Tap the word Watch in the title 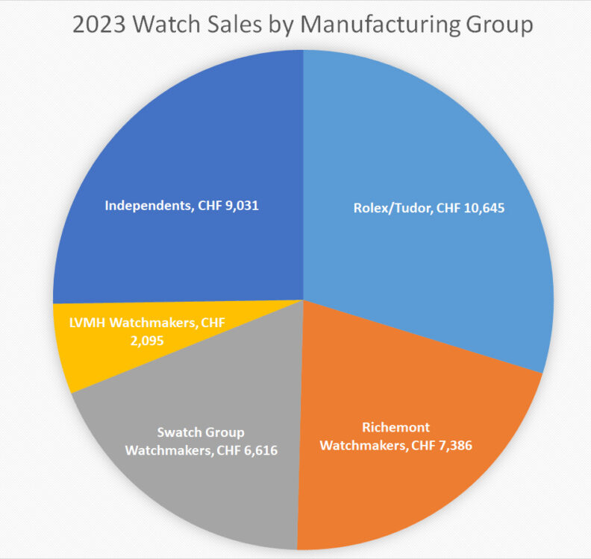pyautogui.click(x=166, y=25)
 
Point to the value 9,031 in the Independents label pyautogui.click(x=240, y=204)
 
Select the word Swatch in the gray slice pyautogui.click(x=176, y=433)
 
